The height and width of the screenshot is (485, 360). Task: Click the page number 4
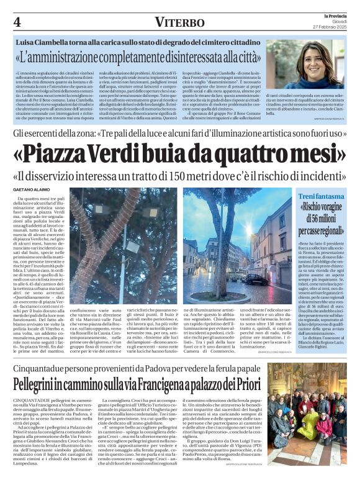click(17, 22)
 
